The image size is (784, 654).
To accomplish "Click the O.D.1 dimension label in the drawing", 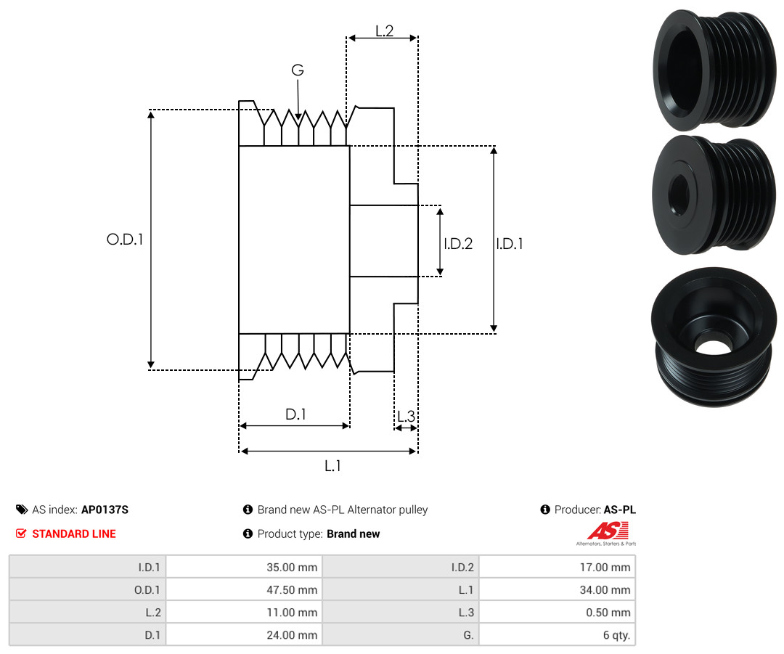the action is coord(125,240).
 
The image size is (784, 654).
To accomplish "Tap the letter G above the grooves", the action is coord(298,70).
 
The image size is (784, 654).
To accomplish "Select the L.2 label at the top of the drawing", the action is coord(385,31).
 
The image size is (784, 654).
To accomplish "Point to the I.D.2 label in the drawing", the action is coord(458,243).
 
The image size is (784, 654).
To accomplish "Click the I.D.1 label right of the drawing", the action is coord(510,243).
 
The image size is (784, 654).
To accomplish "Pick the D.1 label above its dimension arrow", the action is coord(295,414).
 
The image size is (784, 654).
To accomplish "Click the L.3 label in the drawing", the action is coord(406,416).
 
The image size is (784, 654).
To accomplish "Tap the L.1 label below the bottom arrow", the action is coord(332,466).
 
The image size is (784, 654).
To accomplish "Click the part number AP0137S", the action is coord(105,510).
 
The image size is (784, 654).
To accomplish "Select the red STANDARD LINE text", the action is coord(74,534).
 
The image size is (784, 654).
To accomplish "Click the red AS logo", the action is coord(608,531).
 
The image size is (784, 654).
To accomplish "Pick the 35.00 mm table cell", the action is coord(244,567).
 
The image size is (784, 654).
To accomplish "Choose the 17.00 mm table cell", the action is coord(557,567).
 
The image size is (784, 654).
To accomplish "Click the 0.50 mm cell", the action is coord(557,612).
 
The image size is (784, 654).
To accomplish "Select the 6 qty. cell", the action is coord(557,634).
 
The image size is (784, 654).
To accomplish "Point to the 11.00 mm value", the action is coord(292,612).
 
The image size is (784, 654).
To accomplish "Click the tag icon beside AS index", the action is coord(22,510).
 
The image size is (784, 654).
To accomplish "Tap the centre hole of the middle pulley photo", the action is coord(679,195).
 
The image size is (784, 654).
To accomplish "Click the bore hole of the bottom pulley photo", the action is coord(714,346).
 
